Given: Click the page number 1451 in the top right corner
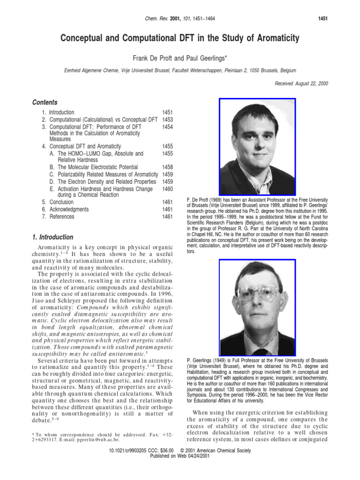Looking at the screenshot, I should [x=321, y=18].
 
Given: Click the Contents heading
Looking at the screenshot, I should [x=45, y=103].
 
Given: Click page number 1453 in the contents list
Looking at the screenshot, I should [x=167, y=120].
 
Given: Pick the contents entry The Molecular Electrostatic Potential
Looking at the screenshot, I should [x=97, y=167].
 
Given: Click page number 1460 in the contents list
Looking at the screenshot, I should [x=167, y=189].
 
